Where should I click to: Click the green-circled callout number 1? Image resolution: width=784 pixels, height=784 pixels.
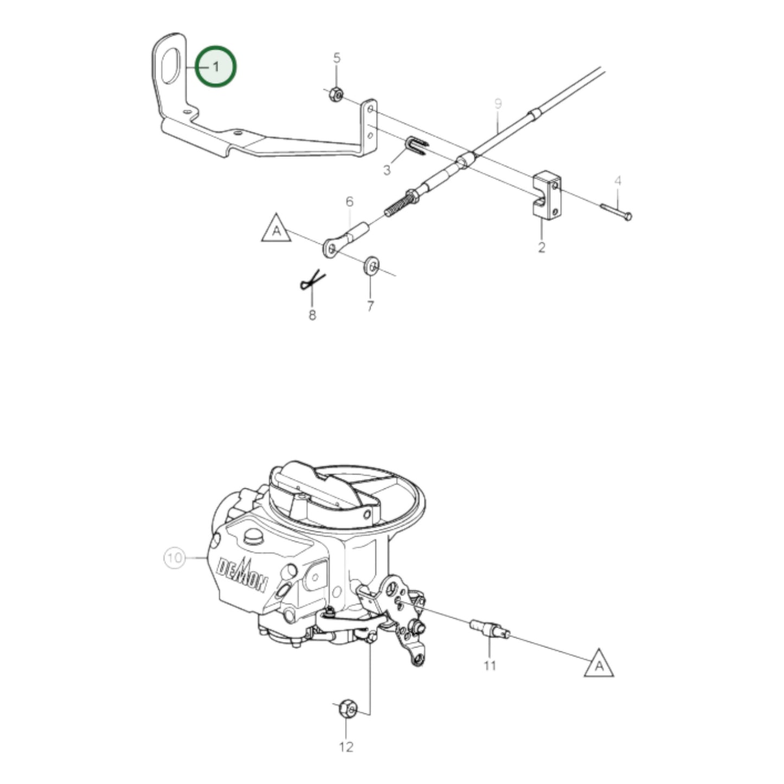tap(216, 67)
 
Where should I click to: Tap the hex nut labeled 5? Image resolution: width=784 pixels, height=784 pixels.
tap(335, 94)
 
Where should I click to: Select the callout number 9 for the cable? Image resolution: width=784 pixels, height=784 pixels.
tap(498, 103)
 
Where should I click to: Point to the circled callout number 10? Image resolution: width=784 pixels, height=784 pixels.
tap(175, 558)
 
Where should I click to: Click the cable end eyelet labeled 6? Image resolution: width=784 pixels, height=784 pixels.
tap(332, 247)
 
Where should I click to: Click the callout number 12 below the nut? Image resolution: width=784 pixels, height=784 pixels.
tap(346, 747)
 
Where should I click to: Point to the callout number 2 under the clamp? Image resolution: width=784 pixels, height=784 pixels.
tap(541, 247)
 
